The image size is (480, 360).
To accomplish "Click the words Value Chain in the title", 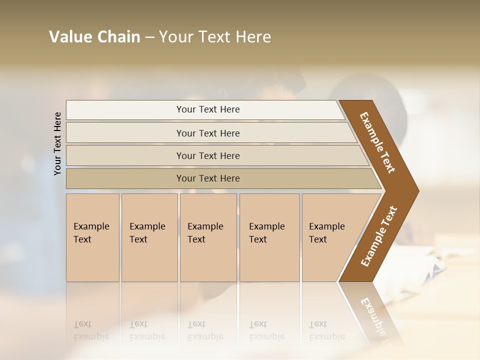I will point(94,37).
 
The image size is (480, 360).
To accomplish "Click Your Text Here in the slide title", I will point(215,37).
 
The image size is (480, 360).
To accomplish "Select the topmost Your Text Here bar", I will point(208,109).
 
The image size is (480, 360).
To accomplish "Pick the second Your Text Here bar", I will point(208,133).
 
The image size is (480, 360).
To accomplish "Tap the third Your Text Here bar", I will point(208,155).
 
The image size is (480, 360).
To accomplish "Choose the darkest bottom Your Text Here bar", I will point(208,178).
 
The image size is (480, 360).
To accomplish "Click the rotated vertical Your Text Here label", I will point(57,143).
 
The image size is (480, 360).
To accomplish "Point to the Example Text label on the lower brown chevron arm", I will point(378,236).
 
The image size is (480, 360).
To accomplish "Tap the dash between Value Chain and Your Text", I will point(149,37).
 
